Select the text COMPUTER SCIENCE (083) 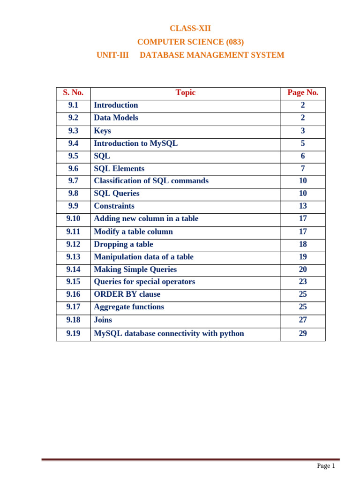pos(190,42)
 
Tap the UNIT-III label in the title pos(112,55)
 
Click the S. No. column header pos(73,93)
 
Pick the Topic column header pos(186,93)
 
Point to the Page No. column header pos(303,93)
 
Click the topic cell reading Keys pos(103,131)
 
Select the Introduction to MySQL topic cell pos(136,143)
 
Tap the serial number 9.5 pos(73,156)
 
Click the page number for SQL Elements pos(303,169)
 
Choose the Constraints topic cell pos(114,206)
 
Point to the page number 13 pos(303,206)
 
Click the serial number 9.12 pos(73,244)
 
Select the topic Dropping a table pos(124,244)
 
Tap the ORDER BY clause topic pos(127,294)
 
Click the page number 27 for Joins pos(303,320)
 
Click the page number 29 pos(303,334)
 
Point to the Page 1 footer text pos(326,466)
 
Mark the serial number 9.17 pos(73,307)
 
